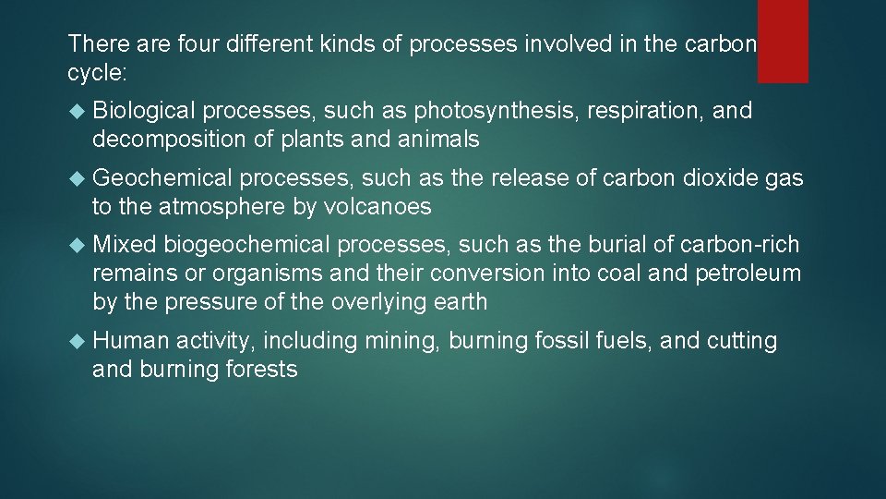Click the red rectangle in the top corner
pyautogui.click(x=783, y=41)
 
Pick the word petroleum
pyautogui.click(x=749, y=274)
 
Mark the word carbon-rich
pyautogui.click(x=740, y=245)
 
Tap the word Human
pyautogui.click(x=131, y=341)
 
